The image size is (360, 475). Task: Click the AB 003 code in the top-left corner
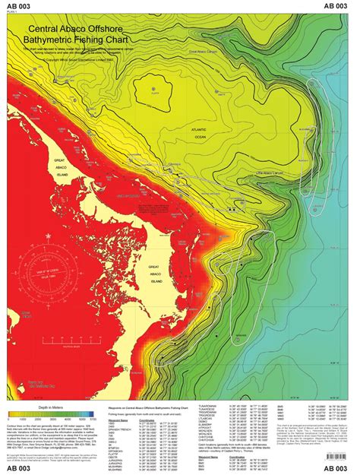click(21, 5)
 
